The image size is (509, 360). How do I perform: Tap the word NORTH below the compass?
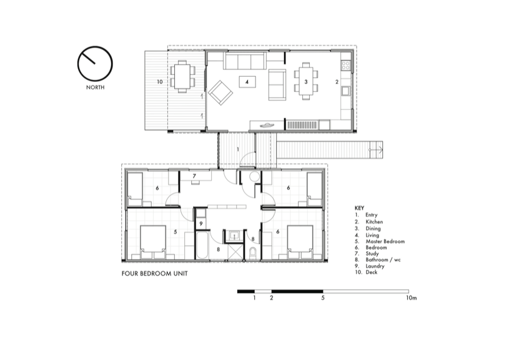(95, 87)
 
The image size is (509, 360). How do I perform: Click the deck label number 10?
(159, 82)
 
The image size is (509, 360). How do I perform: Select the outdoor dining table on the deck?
(182, 77)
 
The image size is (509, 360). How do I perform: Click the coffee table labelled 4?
(247, 82)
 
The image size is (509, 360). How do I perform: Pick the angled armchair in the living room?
(220, 92)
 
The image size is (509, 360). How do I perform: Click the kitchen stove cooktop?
(346, 66)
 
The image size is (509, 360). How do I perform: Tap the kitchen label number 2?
(337, 82)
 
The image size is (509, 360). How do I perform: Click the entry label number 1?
(238, 149)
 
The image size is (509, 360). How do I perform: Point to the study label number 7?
(194, 176)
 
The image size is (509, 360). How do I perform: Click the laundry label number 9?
(201, 224)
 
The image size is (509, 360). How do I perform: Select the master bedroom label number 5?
(175, 232)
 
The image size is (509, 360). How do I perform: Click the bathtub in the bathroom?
(202, 245)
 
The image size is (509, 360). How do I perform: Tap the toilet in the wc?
(253, 253)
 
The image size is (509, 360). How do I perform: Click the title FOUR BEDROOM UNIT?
(154, 274)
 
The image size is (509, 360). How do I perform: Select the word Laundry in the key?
(375, 266)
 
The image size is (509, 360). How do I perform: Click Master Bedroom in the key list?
(385, 241)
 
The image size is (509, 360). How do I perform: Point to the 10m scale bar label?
(411, 298)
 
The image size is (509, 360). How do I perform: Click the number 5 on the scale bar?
(323, 297)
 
